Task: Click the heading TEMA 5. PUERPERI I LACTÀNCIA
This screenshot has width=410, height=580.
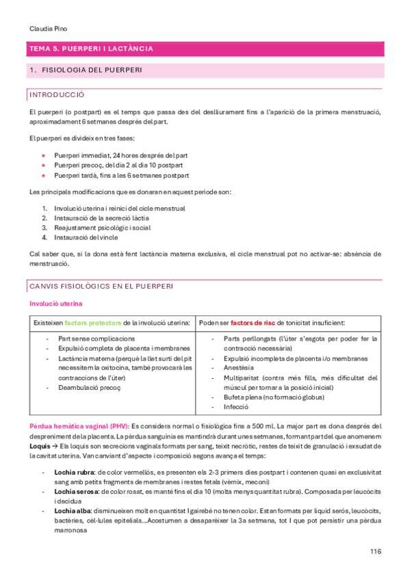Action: (90, 49)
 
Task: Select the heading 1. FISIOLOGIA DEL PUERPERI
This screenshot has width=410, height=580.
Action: (86, 70)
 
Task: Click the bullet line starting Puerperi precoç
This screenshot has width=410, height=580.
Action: (118, 165)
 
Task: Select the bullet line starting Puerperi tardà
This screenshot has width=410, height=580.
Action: (116, 175)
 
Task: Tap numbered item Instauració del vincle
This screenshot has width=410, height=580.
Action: (88, 237)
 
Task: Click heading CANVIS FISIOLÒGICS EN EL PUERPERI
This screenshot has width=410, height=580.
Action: (101, 285)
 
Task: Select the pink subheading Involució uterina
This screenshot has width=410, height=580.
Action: (57, 303)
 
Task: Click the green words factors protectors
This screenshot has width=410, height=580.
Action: (94, 322)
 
